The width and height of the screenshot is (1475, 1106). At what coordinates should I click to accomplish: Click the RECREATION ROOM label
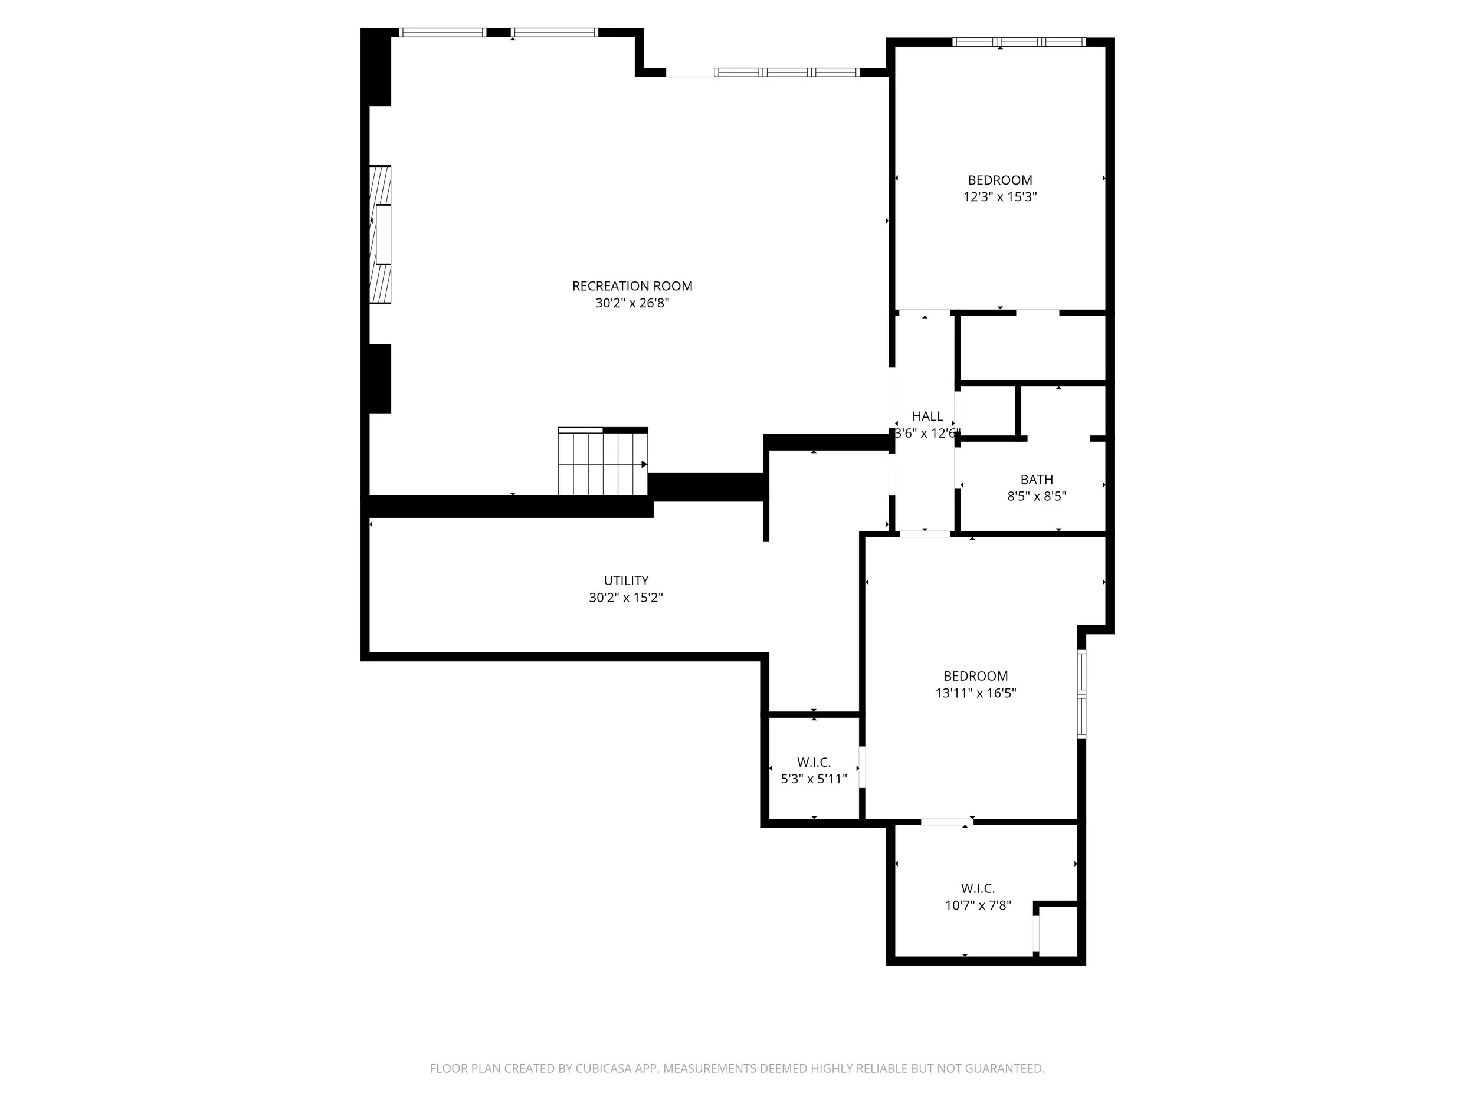[632, 286]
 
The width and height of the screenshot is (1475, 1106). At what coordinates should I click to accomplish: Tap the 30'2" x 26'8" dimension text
[632, 303]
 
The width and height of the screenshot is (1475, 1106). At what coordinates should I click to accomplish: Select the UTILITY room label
[626, 580]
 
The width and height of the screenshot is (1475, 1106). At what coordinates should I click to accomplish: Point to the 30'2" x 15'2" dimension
[626, 598]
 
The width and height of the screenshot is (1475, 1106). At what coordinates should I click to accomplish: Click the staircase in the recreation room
[603, 461]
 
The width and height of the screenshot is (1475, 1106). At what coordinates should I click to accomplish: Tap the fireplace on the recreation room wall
[381, 235]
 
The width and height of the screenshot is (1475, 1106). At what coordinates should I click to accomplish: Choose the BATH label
[1037, 480]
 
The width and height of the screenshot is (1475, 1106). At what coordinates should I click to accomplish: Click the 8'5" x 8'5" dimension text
[1037, 497]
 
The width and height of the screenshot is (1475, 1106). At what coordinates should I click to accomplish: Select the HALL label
[927, 416]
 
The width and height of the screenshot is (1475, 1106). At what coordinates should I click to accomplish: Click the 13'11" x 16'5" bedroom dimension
[975, 693]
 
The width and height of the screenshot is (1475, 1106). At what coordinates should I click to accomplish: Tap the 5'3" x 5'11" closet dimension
[814, 779]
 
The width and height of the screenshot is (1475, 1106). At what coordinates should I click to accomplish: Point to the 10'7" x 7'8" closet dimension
[978, 906]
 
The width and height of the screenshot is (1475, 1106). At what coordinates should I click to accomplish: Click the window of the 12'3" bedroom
[1019, 42]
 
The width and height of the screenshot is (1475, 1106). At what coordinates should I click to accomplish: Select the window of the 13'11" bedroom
[1081, 694]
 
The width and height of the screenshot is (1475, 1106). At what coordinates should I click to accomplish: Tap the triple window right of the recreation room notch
[787, 73]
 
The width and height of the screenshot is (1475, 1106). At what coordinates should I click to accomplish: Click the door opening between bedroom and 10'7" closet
[947, 821]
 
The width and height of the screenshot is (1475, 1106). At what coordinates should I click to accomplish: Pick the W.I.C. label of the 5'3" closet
[814, 763]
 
